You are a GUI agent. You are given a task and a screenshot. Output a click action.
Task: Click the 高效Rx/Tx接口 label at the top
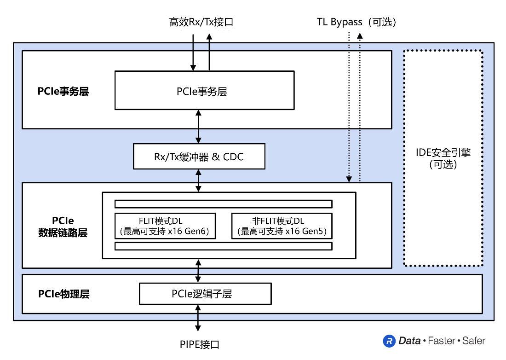(201, 22)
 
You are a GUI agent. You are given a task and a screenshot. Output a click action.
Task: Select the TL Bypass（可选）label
(356, 22)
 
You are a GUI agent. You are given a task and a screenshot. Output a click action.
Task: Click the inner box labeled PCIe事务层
(204, 90)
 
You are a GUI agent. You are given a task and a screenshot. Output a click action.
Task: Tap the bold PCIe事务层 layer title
(63, 91)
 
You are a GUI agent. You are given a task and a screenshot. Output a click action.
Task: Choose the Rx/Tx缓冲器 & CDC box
(199, 157)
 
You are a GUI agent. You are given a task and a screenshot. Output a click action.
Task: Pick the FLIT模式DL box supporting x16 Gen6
(165, 226)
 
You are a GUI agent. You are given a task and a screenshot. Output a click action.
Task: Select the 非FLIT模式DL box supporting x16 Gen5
(282, 226)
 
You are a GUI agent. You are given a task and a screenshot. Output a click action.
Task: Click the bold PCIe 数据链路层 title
(63, 226)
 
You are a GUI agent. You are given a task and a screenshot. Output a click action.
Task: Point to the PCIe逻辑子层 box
(205, 294)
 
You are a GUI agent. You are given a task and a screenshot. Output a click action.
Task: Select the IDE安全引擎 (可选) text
(443, 158)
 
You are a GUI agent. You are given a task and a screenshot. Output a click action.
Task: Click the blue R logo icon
(389, 341)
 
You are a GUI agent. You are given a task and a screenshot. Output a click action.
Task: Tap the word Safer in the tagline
(474, 341)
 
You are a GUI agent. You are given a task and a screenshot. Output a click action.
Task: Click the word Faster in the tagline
(442, 341)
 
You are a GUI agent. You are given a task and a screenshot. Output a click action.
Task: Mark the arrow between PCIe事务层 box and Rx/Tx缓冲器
(199, 127)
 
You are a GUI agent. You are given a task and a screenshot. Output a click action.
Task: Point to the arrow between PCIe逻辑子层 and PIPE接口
(198, 318)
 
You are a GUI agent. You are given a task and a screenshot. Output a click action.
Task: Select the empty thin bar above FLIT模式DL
(223, 204)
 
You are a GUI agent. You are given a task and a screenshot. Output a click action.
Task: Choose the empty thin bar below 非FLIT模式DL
(223, 246)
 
